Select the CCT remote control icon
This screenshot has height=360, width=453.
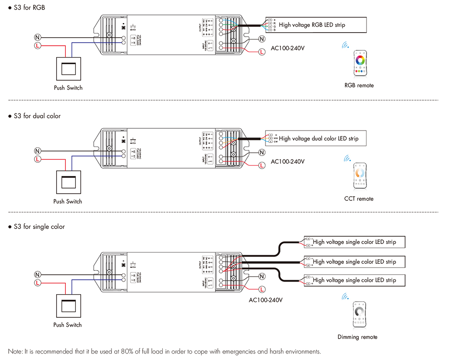[x=360, y=176]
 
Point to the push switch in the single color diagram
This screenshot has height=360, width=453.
[x=67, y=306]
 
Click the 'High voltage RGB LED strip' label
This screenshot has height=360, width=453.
[x=312, y=25]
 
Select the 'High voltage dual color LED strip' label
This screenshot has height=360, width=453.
[x=318, y=138]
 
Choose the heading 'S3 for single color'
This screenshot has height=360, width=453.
[x=39, y=226]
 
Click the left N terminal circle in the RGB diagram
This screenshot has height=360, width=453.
[x=38, y=37]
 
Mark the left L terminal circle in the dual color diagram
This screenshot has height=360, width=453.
[x=38, y=159]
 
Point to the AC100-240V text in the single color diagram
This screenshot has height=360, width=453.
[x=266, y=300]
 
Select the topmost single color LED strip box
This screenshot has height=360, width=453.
[x=353, y=242]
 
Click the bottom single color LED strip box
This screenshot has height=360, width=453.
[x=353, y=280]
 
